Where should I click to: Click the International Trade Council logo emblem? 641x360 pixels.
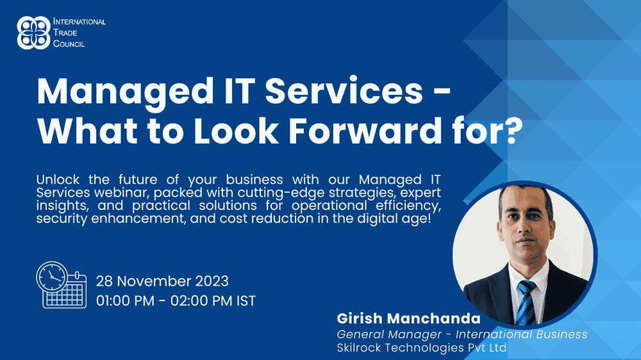(x=33, y=33)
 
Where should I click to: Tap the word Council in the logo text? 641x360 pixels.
(x=69, y=44)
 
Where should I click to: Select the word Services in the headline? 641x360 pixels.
(x=344, y=91)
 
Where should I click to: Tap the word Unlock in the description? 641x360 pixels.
(x=58, y=179)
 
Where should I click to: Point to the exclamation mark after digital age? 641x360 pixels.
(x=429, y=218)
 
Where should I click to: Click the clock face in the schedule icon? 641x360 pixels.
(x=52, y=277)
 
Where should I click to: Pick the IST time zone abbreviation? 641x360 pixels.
(x=246, y=301)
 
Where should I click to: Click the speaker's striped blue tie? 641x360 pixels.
(x=526, y=302)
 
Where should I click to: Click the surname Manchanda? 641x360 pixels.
(x=433, y=318)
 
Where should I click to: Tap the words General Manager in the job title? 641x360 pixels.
(x=389, y=334)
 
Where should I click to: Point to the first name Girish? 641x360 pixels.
(x=360, y=318)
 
